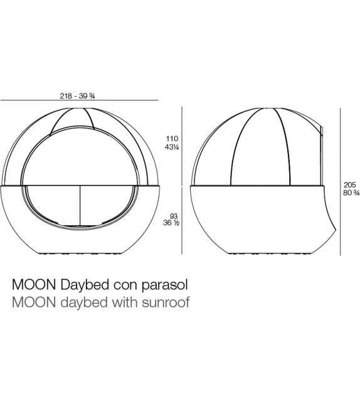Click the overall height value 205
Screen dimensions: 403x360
[x=351, y=185]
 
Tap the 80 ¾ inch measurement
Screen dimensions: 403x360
[x=351, y=193]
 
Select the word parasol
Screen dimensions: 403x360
[x=166, y=284]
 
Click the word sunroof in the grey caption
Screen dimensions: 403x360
[x=167, y=303]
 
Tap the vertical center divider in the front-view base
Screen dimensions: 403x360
[x=80, y=208]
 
